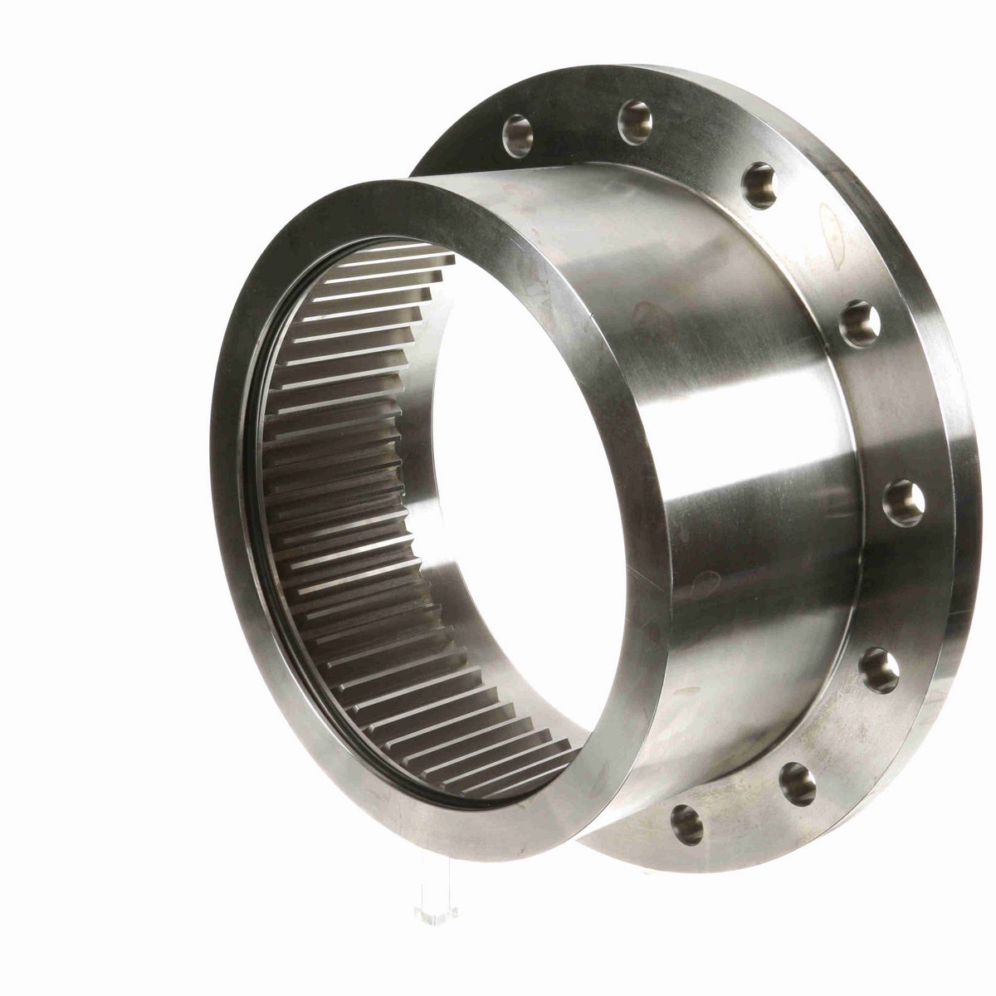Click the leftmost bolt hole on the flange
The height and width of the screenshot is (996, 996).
(x=517, y=135)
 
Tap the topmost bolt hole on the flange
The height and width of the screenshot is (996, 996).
(x=635, y=122)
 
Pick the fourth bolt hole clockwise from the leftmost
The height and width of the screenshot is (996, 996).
(x=860, y=324)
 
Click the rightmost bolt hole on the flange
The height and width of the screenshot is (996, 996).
(x=903, y=503)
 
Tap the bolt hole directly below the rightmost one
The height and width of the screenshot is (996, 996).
(x=879, y=671)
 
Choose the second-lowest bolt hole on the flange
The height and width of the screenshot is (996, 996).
(x=798, y=783)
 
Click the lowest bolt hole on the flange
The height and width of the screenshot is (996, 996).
(x=687, y=824)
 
